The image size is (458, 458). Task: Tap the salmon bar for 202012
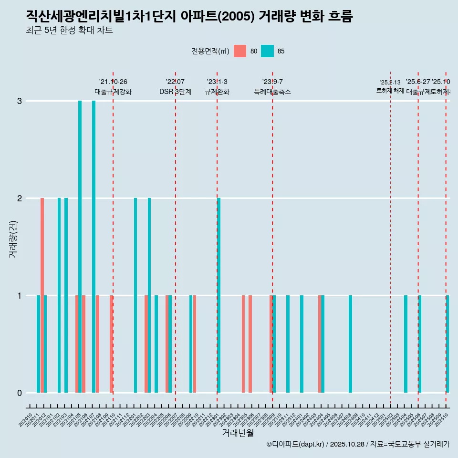tap(42, 295)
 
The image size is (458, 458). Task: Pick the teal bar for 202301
tap(219, 295)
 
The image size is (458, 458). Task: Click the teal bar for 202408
tap(350, 344)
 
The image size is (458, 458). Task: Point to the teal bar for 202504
tap(406, 344)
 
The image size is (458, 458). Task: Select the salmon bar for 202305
tap(243, 344)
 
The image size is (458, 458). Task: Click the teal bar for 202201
tap(135, 295)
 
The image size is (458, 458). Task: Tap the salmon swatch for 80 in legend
tap(240, 51)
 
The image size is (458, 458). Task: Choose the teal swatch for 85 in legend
tap(268, 51)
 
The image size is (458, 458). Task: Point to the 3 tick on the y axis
tap(20, 101)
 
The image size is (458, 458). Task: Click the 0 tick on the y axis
tap(20, 393)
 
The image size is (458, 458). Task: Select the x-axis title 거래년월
tap(238, 433)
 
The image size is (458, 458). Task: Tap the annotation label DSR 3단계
tap(175, 92)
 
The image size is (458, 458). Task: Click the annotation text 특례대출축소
tap(272, 92)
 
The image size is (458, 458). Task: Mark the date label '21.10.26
tap(113, 82)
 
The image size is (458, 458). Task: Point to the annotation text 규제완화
tap(217, 92)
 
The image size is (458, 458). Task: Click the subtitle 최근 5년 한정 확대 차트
tap(69, 31)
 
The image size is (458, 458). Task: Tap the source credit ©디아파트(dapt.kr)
tap(296, 444)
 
